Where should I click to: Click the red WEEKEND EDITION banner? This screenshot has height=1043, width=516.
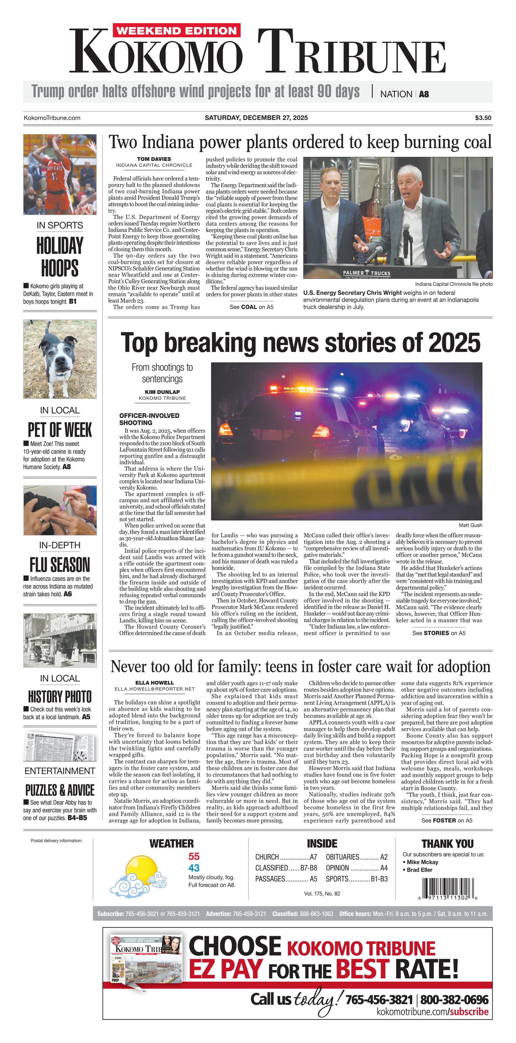[176, 31]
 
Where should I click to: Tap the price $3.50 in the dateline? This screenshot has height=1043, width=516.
[483, 118]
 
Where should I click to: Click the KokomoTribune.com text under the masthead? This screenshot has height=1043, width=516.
[52, 118]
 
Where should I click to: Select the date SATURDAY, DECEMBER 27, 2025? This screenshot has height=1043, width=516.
[256, 118]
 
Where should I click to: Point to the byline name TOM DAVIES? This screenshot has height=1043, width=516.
[154, 159]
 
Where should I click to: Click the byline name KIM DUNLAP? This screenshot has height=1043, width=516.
[162, 392]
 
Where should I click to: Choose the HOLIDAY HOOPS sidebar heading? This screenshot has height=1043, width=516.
[60, 257]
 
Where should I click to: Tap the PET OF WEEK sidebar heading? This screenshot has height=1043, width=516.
[60, 430]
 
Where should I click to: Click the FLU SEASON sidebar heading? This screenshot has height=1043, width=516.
[60, 564]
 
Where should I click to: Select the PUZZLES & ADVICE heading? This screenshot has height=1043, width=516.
[60, 790]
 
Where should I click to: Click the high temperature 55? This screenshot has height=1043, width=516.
[194, 856]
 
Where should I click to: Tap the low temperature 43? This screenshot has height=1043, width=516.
[194, 868]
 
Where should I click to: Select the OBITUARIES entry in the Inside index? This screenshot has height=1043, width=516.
[356, 857]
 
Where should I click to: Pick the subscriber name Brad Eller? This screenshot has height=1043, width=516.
[420, 870]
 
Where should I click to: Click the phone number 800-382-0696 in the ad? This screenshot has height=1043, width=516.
[454, 1000]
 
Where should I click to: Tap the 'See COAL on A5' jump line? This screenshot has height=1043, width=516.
[251, 307]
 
